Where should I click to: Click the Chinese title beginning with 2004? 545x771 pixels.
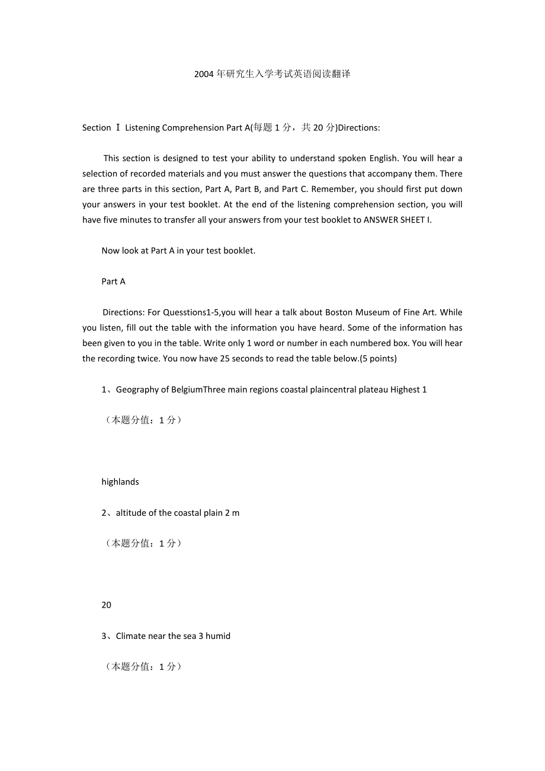pos(272,74)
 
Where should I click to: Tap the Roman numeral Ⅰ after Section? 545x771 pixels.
pos(118,127)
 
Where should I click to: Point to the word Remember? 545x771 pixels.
pos(331,189)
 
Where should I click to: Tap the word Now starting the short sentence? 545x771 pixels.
pos(110,250)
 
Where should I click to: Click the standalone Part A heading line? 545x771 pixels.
pos(113,281)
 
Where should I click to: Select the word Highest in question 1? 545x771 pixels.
pos(405,389)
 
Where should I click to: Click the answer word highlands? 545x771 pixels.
pos(120,481)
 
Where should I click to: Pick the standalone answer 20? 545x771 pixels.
pos(107,605)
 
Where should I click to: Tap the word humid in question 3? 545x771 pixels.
pos(218,635)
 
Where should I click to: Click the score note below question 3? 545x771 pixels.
pos(143,666)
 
